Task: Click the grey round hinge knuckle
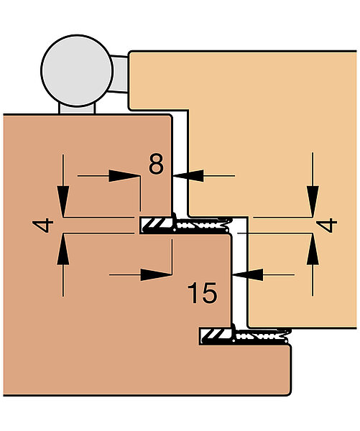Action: [77, 70]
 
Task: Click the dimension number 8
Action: [156, 164]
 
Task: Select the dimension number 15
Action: [202, 293]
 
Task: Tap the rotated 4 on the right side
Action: [326, 225]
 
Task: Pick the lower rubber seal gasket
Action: [245, 336]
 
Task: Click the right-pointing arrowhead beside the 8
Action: [124, 176]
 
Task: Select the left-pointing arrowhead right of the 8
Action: [189, 176]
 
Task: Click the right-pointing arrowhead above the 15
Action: [156, 274]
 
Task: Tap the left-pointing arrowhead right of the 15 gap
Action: [248, 274]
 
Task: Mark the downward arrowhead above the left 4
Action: [63, 201]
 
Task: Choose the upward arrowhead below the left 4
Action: [63, 249]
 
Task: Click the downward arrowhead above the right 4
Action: [313, 201]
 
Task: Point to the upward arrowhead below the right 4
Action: [313, 249]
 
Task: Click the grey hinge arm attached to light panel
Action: [119, 74]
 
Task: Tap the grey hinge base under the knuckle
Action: [77, 109]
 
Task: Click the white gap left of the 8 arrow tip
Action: [180, 165]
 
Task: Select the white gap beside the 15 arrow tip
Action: [240, 275]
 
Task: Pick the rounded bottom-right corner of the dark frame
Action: [288, 393]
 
